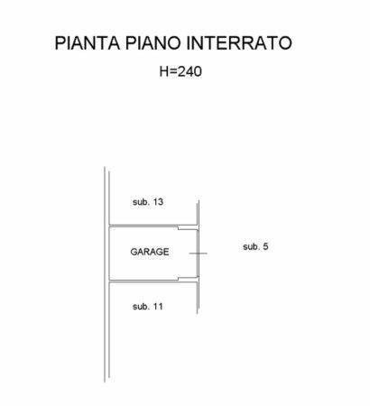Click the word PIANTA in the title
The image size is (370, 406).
[x=88, y=42]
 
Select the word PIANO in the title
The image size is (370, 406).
[x=153, y=42]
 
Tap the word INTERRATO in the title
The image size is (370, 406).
[x=239, y=42]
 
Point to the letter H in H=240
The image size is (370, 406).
[x=164, y=71]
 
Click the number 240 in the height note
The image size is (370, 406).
[x=190, y=71]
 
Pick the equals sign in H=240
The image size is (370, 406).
[x=173, y=72]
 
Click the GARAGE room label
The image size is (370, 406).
[x=150, y=252]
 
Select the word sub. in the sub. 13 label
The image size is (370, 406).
[x=141, y=202]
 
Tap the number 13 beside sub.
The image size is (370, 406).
[x=158, y=202]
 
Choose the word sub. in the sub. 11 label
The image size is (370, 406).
[x=141, y=307]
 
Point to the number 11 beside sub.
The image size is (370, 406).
[x=158, y=307]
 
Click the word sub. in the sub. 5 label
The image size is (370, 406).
[x=251, y=246]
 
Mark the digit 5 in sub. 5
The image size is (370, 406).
[x=265, y=246]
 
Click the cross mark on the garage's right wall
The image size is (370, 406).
[x=198, y=254]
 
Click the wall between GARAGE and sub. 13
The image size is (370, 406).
[x=153, y=226]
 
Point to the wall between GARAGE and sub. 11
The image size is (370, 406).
[x=153, y=281]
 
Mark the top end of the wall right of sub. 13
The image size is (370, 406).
[x=198, y=201]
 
